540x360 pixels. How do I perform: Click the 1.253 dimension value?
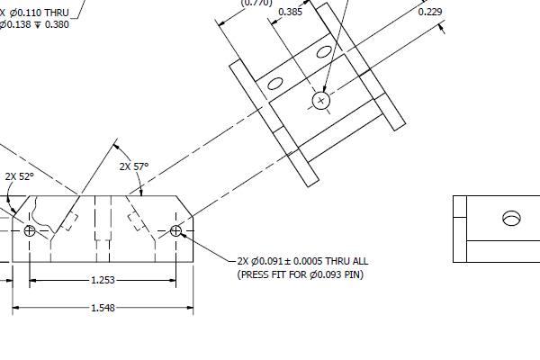pos(103,281)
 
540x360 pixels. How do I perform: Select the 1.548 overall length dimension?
pos(103,309)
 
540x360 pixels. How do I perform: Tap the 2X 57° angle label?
pos(133,166)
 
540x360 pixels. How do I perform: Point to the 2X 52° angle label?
pos(19,176)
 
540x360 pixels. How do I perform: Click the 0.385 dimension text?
pos(291,12)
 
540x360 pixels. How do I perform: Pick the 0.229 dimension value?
pos(430,12)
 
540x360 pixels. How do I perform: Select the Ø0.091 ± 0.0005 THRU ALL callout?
pos(302,261)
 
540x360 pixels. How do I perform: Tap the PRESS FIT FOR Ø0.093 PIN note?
pos(301,274)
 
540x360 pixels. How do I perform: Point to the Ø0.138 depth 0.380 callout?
pos(35,24)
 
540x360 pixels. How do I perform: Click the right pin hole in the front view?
pos(175,231)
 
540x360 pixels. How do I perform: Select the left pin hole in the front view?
pos(30,231)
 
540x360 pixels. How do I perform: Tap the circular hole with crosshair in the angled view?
pos(321,100)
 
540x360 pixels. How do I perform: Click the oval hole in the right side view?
pos(511,217)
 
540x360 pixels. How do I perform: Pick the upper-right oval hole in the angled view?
pos(324,52)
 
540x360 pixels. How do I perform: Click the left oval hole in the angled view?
pos(275,85)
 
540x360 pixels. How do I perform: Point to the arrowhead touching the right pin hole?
pos(184,236)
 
